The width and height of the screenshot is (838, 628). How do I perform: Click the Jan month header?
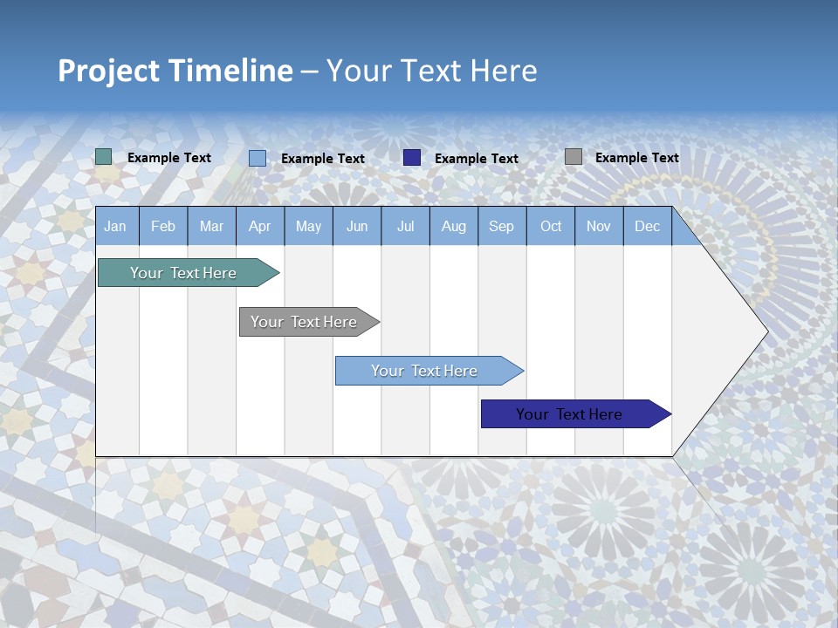click(x=115, y=226)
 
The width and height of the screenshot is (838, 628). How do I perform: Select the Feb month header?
click(x=163, y=226)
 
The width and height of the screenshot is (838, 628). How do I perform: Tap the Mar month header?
click(x=211, y=226)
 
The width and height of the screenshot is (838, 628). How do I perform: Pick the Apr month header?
click(x=259, y=226)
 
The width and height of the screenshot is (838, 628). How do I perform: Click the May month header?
click(x=308, y=226)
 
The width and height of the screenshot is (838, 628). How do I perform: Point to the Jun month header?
click(x=357, y=226)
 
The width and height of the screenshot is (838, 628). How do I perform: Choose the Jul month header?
click(x=405, y=226)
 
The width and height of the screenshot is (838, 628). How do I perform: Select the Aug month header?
click(x=453, y=226)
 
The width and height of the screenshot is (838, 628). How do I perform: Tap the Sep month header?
click(x=501, y=226)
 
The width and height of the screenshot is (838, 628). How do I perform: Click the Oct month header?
click(x=551, y=226)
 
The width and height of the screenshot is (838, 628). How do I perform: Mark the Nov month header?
click(x=599, y=226)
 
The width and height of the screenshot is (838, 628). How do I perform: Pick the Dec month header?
click(x=647, y=226)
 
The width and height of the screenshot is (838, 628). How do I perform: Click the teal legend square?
click(x=104, y=157)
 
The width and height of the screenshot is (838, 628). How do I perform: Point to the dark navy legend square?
click(x=412, y=157)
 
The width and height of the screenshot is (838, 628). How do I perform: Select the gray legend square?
click(x=574, y=157)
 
